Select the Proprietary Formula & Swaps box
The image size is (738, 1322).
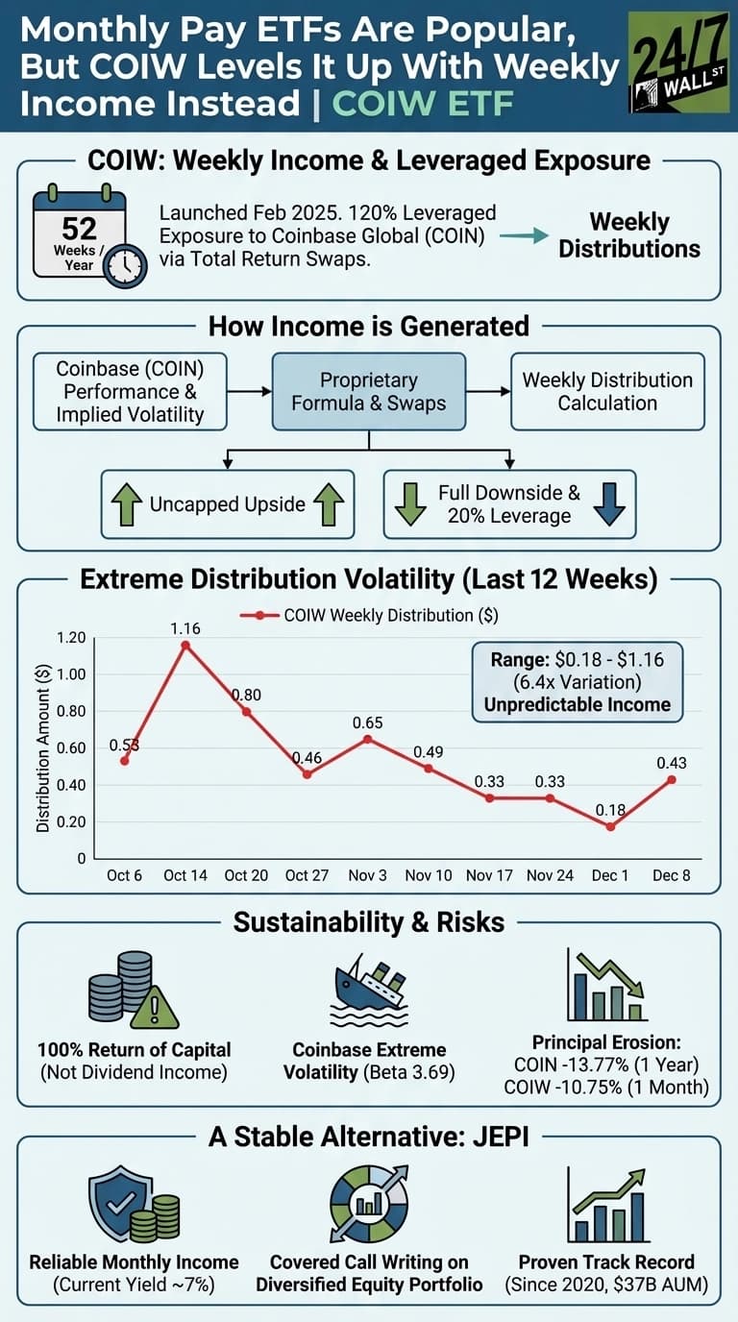click(369, 391)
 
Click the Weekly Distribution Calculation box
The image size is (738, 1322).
click(607, 391)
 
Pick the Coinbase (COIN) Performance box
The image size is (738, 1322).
click(130, 391)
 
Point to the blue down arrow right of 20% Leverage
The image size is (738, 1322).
click(608, 503)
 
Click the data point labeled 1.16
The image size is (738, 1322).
click(185, 646)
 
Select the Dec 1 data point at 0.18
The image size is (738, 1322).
click(611, 826)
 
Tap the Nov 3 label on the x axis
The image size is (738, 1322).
click(369, 876)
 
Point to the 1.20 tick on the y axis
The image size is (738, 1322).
click(71, 638)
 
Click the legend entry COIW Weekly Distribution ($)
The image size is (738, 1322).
click(375, 615)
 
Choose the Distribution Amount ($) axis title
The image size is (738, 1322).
click(43, 747)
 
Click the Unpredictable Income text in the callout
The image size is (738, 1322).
click(578, 704)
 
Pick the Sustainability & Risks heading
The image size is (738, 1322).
click(369, 922)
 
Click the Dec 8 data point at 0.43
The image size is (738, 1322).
click(672, 780)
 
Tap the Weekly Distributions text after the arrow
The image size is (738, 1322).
click(629, 235)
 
